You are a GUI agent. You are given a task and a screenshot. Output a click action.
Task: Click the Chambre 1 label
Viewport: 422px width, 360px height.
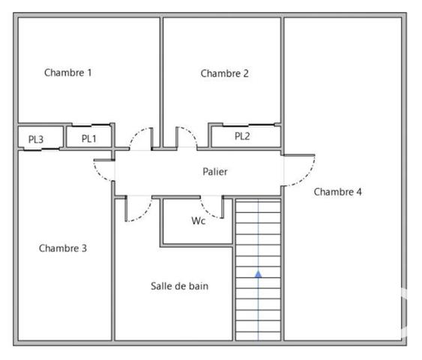tap(68, 73)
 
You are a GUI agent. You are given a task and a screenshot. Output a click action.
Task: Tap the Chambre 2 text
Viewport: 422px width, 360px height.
tap(224, 73)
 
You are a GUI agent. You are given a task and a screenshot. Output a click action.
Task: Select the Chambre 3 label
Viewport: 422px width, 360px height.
tap(63, 248)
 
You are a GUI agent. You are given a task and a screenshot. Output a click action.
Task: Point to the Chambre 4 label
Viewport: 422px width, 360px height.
tap(337, 192)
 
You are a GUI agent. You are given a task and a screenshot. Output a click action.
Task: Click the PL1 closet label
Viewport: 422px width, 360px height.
tap(89, 138)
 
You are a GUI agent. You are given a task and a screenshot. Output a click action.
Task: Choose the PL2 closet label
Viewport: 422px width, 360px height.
tap(242, 136)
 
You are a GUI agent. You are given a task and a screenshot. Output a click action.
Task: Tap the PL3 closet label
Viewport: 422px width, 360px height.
tap(36, 139)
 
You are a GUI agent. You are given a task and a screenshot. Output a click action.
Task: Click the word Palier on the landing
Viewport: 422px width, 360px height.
tap(215, 172)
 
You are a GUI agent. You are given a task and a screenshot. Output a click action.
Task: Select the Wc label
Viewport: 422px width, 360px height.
tap(199, 221)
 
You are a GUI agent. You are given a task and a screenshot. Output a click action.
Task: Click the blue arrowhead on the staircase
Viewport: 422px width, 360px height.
tap(259, 274)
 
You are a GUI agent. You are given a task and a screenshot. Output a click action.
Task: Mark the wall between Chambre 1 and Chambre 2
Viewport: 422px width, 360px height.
tap(161, 71)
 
